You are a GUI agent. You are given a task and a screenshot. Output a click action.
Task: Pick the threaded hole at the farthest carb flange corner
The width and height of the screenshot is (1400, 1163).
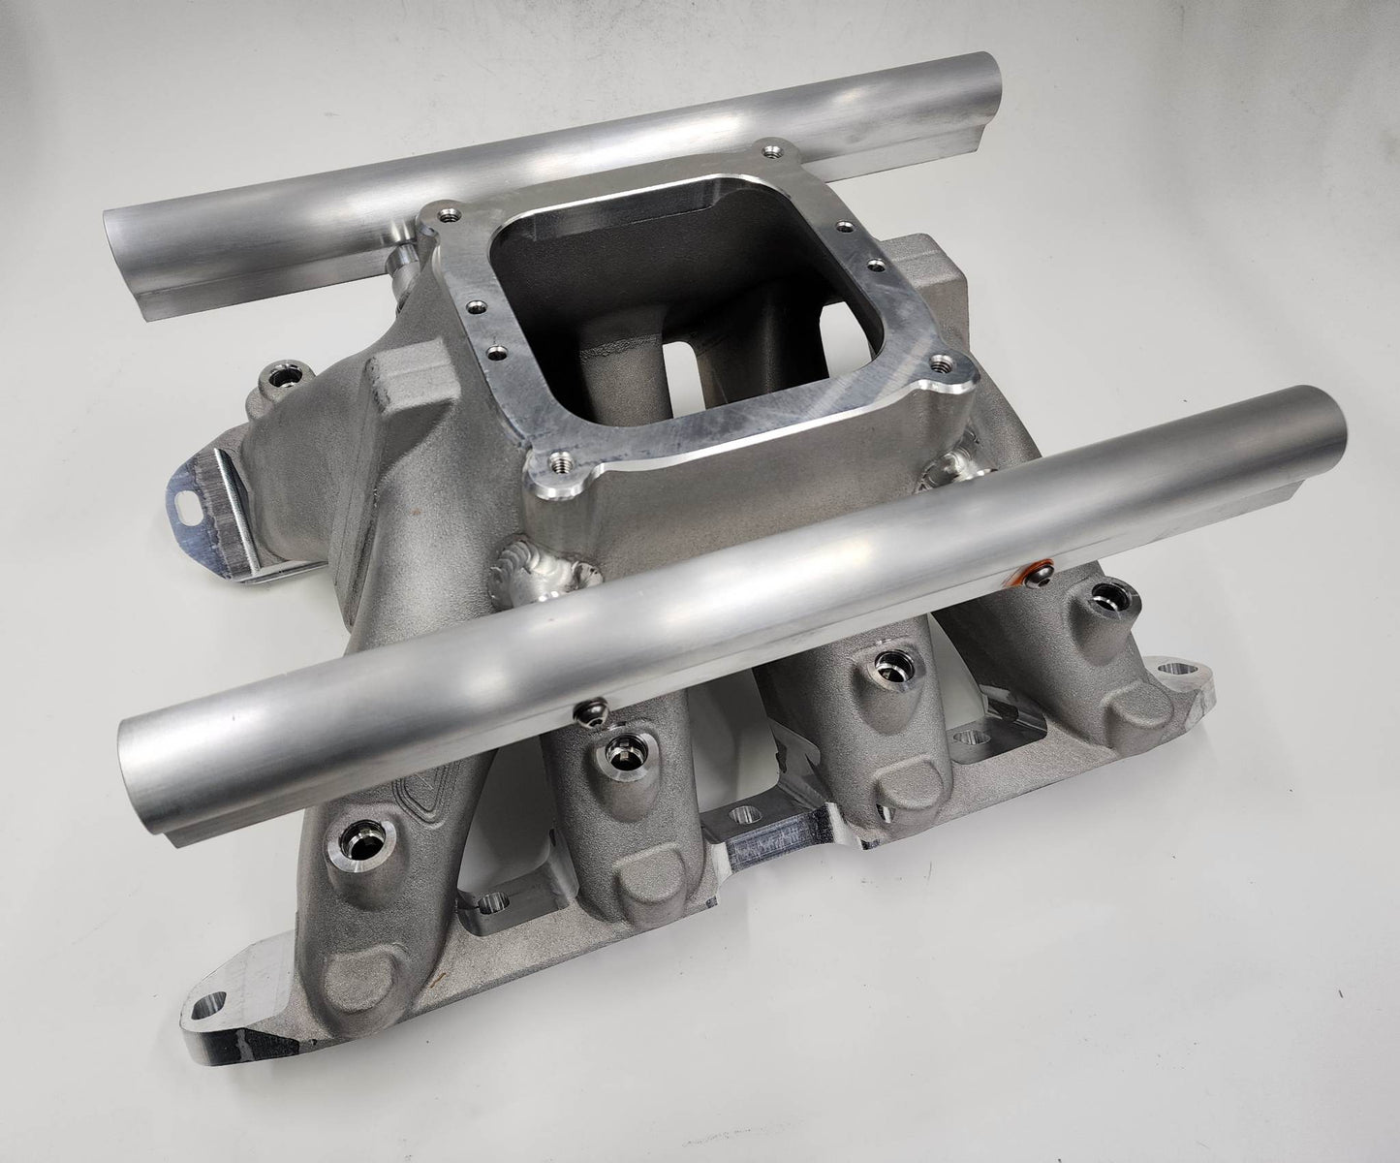pyautogui.click(x=770, y=151)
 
